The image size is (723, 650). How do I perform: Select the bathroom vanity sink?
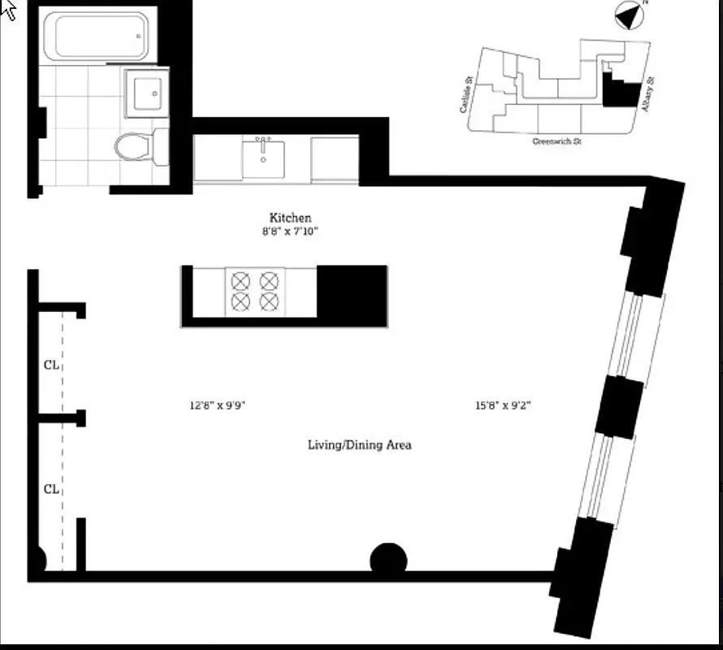(148, 94)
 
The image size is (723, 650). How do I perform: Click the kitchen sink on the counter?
(263, 158)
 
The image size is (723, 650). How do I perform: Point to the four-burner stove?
(253, 291)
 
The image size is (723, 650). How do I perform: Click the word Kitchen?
(290, 218)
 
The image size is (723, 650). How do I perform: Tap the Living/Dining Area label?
(359, 444)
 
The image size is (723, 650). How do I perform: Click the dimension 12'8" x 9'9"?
(217, 405)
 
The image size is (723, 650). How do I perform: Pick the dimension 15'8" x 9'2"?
(503, 405)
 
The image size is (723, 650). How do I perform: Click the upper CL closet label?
(51, 365)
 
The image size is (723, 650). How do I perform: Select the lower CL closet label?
(51, 489)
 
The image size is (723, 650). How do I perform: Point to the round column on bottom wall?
(388, 560)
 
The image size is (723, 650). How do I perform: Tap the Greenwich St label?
(556, 141)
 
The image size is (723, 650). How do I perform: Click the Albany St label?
(648, 96)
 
